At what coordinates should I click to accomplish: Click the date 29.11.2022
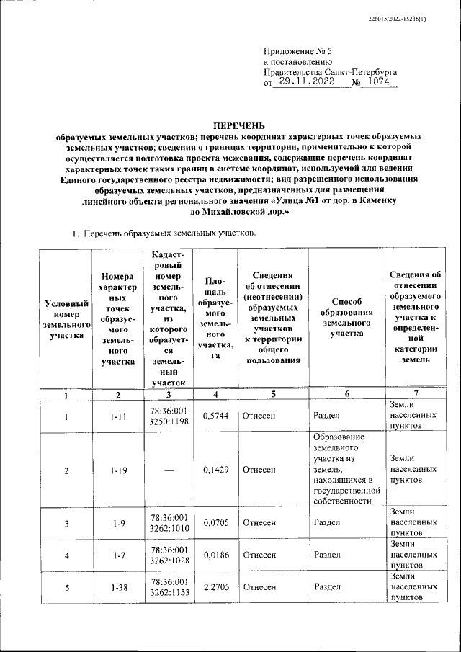click(x=310, y=83)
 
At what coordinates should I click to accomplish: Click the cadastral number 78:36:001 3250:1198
click(x=169, y=416)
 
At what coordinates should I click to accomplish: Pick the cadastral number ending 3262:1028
click(x=169, y=555)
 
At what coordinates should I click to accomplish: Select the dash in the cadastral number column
click(x=169, y=470)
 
